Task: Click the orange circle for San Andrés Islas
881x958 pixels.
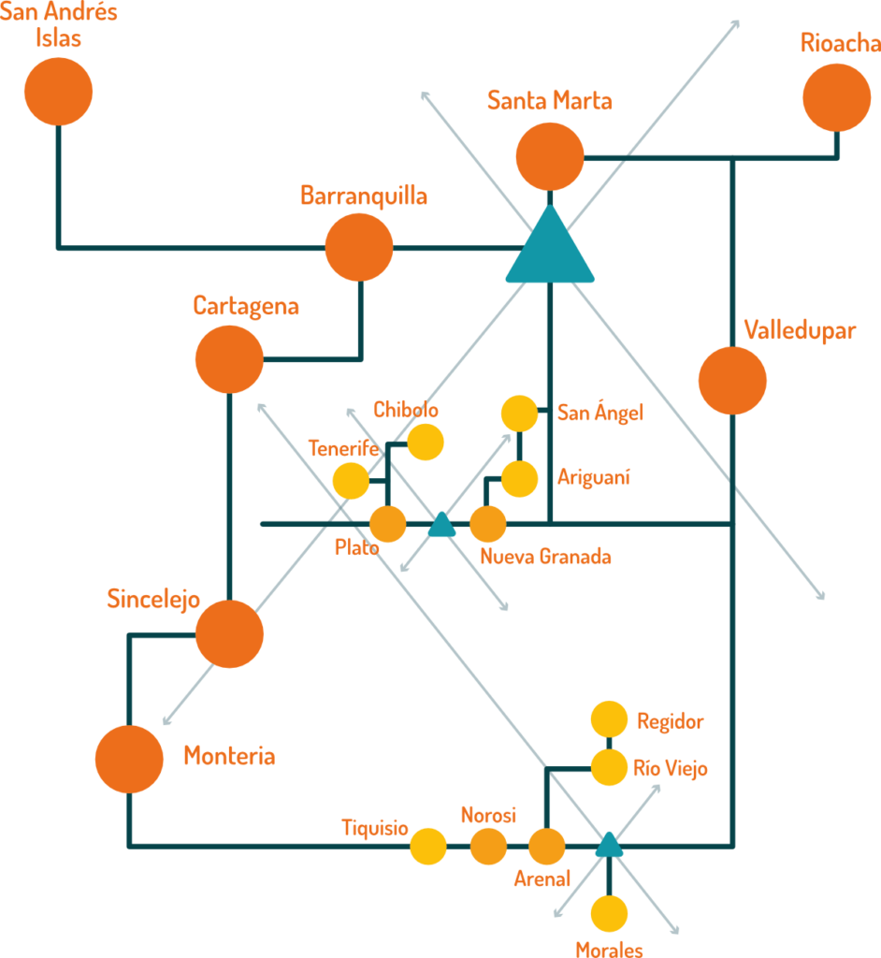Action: click(x=58, y=91)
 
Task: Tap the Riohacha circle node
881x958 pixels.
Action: click(x=836, y=98)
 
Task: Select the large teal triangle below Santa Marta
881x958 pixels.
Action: click(x=550, y=249)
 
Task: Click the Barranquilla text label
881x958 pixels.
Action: click(x=364, y=196)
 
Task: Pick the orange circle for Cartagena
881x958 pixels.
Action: click(x=229, y=359)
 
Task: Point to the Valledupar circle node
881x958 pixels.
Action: click(x=732, y=381)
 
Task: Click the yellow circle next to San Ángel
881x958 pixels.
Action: click(x=519, y=414)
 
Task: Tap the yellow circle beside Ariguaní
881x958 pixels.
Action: click(x=519, y=478)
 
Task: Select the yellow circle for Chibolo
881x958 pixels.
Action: click(x=426, y=443)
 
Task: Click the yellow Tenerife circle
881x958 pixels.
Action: click(x=351, y=481)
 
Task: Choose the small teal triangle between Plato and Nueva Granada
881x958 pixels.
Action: click(x=440, y=527)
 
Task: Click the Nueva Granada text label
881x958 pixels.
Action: click(x=546, y=558)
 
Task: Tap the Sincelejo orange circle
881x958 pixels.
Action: click(x=229, y=633)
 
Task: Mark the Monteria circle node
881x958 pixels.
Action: click(x=129, y=759)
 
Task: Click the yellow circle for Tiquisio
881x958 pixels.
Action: click(x=428, y=846)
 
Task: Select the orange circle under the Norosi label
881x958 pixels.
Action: click(x=487, y=846)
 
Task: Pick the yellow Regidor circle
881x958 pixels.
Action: click(x=609, y=720)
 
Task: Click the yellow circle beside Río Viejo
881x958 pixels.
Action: click(x=609, y=768)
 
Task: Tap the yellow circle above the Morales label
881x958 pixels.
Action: click(x=609, y=913)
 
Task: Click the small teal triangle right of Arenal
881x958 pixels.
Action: click(x=609, y=846)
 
